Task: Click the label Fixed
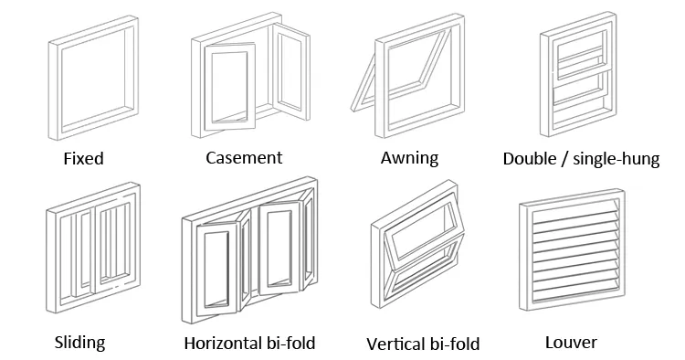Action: point(83,158)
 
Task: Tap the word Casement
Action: point(244,157)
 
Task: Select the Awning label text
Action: point(409,157)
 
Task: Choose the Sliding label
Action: point(79,343)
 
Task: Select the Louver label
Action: point(571,343)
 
